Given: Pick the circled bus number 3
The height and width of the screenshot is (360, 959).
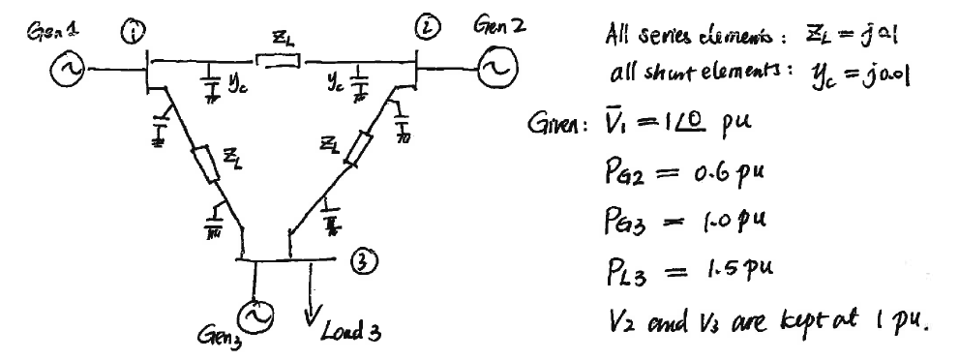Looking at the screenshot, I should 367,260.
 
